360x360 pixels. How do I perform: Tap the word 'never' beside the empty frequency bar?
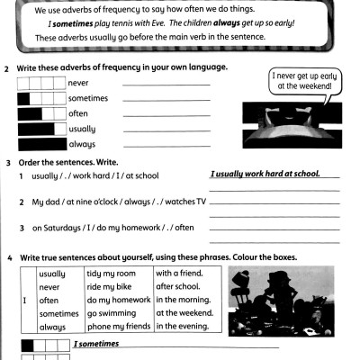tap(80, 83)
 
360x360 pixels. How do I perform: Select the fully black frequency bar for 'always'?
tap(41, 143)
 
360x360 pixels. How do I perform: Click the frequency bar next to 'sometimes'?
tap(41, 98)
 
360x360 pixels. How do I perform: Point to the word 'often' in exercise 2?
tap(79, 113)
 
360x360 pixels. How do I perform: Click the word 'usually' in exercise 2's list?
tap(83, 129)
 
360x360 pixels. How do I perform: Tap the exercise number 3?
tap(7, 163)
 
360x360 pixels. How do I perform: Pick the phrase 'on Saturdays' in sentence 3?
tap(57, 228)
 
